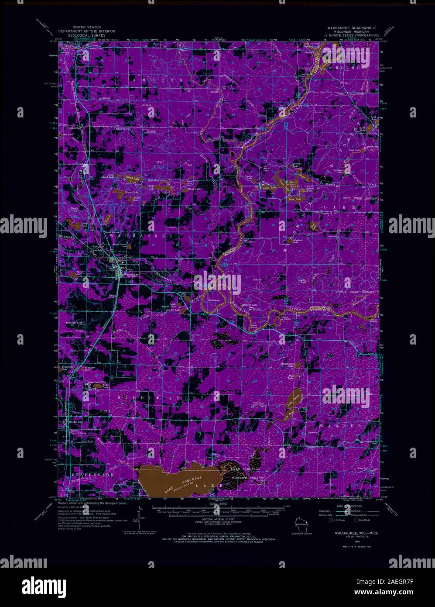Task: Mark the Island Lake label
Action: (x=130, y=178)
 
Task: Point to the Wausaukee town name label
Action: (x=131, y=274)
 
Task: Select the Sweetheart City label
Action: (x=97, y=382)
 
